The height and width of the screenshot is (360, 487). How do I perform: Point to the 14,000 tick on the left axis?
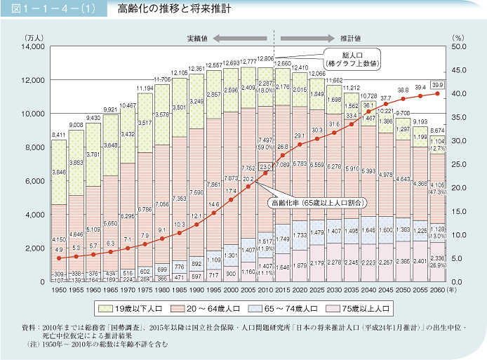tap(32, 46)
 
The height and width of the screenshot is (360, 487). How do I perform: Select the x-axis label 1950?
tap(59, 291)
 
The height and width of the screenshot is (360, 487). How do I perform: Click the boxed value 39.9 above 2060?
tap(437, 84)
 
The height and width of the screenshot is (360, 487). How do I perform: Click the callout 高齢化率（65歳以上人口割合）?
tap(316, 202)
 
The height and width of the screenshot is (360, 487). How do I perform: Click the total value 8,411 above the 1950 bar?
tap(59, 134)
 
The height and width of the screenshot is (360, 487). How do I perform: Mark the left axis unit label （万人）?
tap(34, 36)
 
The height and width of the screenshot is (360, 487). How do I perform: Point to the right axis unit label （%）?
tap(458, 36)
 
